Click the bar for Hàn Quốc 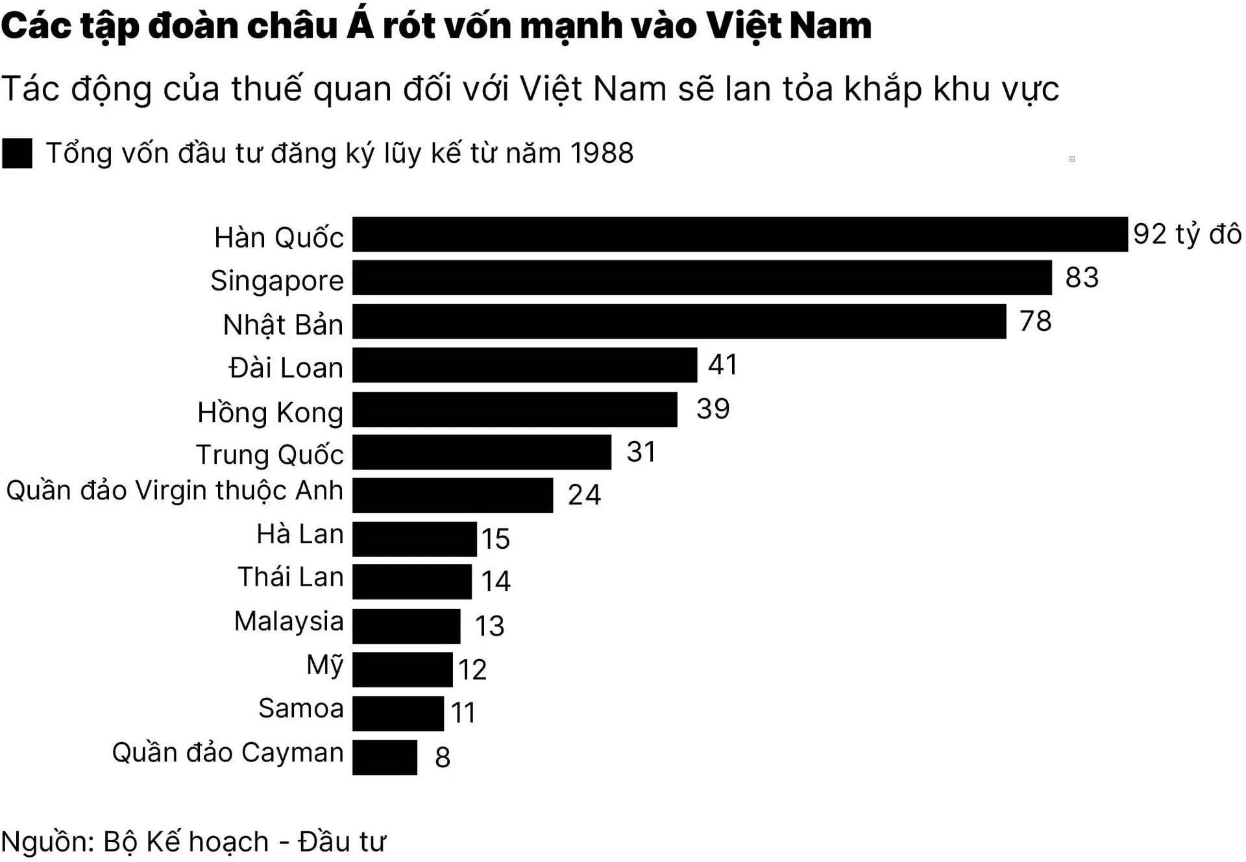(740, 234)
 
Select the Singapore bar (702, 278)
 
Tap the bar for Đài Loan (524, 365)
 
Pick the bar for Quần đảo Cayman (385, 757)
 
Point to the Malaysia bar (406, 626)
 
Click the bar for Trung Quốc (482, 452)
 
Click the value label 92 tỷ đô (1187, 234)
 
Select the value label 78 (1035, 321)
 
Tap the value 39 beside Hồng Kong (713, 409)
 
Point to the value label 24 (584, 495)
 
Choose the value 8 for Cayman (443, 757)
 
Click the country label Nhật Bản (283, 324)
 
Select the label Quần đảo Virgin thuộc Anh (174, 490)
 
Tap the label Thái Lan (290, 577)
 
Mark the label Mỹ (324, 665)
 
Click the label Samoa (300, 708)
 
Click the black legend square (17, 154)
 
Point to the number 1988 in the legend (601, 153)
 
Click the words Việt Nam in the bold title (788, 26)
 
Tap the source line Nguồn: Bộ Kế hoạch (193, 841)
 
